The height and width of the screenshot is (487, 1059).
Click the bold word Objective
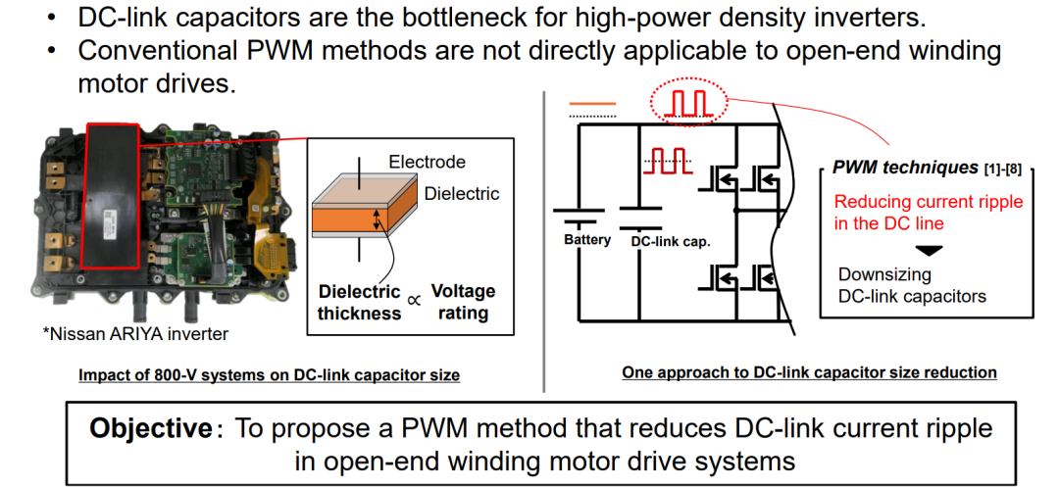[x=151, y=427]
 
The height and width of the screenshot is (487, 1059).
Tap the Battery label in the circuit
[x=587, y=239]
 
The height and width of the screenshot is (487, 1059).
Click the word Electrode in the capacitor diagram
[x=427, y=162]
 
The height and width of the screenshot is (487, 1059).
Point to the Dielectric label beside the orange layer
[x=462, y=194]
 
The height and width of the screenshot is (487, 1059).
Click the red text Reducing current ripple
[x=929, y=202]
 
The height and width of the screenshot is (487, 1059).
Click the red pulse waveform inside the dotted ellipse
[x=685, y=104]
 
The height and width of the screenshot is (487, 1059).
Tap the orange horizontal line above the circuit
[x=592, y=104]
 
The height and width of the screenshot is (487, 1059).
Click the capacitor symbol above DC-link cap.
[x=639, y=218]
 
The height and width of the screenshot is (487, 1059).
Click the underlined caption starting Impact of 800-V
[x=270, y=375]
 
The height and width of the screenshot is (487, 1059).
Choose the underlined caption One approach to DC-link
[x=809, y=371]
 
